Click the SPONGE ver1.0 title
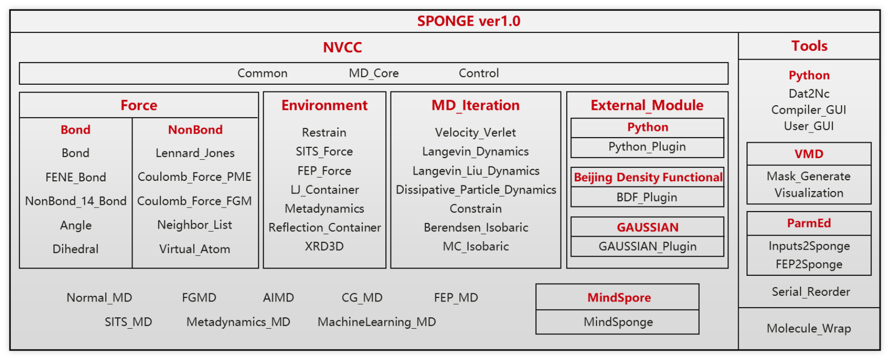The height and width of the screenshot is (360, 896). [x=469, y=21]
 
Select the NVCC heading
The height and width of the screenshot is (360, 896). [x=342, y=47]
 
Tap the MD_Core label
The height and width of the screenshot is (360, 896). [x=374, y=73]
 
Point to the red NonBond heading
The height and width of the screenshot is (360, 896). [x=195, y=130]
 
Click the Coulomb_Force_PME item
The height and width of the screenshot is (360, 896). [x=194, y=177]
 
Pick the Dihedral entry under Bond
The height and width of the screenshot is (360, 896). [x=76, y=249]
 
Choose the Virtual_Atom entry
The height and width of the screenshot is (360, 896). [x=195, y=249]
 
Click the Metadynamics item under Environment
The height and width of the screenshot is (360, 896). [x=324, y=209]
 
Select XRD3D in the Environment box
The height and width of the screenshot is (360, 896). [x=324, y=247]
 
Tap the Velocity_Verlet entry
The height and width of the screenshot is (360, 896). [x=475, y=132]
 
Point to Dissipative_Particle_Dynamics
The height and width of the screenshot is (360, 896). [x=476, y=190]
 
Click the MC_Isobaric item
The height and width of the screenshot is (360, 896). [x=476, y=247]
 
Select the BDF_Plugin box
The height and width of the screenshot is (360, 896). [x=647, y=197]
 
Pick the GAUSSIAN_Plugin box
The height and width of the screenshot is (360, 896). [x=647, y=247]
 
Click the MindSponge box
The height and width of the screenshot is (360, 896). [x=618, y=322]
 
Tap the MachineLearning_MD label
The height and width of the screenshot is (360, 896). [x=377, y=322]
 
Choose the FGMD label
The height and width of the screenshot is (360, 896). [x=199, y=298]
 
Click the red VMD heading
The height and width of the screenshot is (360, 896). [x=809, y=154]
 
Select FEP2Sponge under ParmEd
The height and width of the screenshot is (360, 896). [x=809, y=264]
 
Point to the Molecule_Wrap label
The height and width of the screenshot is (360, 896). [x=809, y=329]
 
